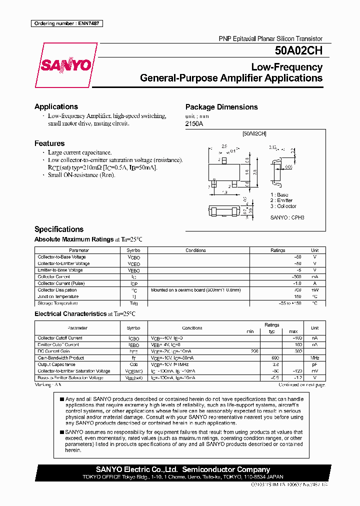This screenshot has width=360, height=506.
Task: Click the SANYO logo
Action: (x=65, y=65)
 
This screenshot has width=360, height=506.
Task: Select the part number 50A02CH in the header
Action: (x=298, y=50)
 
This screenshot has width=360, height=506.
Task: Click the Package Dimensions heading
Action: (x=221, y=107)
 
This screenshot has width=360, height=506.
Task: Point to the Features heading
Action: (x=49, y=143)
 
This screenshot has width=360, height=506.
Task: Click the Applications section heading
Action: (x=56, y=106)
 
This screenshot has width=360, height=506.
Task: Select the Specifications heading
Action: (x=59, y=229)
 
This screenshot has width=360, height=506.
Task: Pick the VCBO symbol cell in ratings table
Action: (x=134, y=257)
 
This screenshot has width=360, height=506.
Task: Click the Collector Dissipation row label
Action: (x=57, y=290)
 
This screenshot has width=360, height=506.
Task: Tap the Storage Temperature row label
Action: (x=58, y=303)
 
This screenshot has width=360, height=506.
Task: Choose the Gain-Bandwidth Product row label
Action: (x=61, y=358)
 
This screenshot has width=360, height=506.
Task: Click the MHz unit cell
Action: (x=314, y=358)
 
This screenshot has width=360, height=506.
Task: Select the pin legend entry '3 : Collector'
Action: (x=283, y=206)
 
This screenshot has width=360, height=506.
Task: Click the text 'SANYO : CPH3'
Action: (x=287, y=217)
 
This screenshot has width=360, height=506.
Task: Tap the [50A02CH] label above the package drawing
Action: (x=254, y=133)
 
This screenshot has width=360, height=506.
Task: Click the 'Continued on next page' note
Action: (x=301, y=385)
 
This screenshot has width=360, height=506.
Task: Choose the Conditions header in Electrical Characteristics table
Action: (x=192, y=328)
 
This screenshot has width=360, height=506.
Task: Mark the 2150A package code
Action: (x=195, y=123)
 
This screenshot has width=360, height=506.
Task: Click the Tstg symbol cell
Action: (x=134, y=303)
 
